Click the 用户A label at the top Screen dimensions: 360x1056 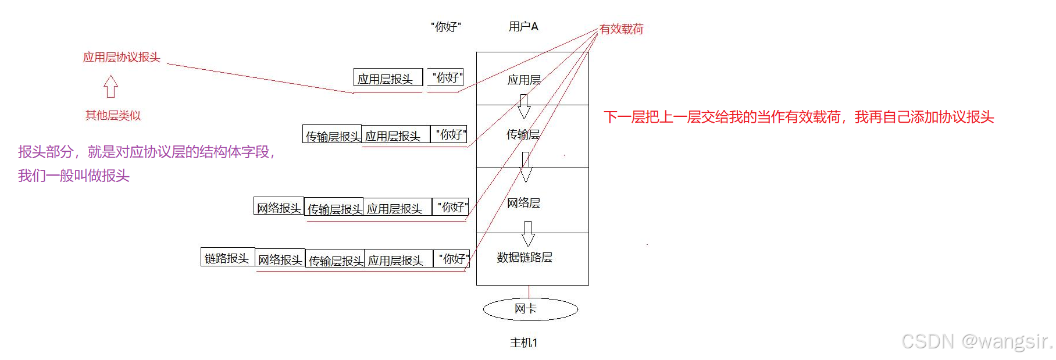tap(523, 27)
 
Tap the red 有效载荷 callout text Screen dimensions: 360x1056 tap(622, 29)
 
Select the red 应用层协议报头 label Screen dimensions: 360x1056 tap(121, 57)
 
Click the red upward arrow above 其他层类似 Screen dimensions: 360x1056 tap(110, 87)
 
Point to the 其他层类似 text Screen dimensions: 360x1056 tap(113, 115)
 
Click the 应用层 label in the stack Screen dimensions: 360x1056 tap(524, 80)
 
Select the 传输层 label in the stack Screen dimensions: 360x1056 tap(523, 134)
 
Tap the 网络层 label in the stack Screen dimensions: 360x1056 tap(523, 203)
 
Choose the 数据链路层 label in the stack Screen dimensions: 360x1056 tap(525, 257)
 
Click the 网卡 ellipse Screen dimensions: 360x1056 tap(530, 309)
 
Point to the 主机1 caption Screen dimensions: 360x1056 tap(523, 343)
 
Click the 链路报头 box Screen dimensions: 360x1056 tap(227, 258)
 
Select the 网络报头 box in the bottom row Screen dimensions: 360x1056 tap(280, 259)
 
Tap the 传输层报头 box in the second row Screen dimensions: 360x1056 tap(333, 136)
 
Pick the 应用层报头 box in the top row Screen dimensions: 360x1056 tap(387, 78)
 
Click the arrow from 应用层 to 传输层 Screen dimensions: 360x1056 tap(524, 106)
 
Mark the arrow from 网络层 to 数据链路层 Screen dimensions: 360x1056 tap(528, 234)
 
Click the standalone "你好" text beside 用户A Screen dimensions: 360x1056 tap(446, 27)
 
